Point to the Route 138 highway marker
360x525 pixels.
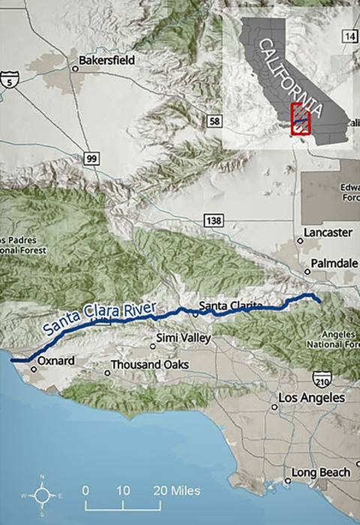212,219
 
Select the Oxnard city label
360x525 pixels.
56,361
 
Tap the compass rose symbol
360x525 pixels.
42,495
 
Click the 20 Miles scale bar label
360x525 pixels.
178,490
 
